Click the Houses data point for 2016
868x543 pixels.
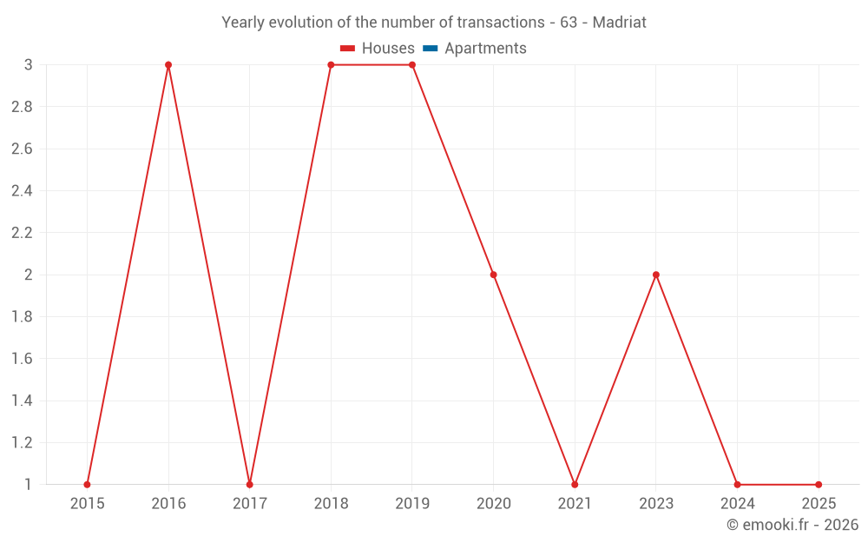[x=168, y=65]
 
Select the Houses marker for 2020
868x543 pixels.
[x=493, y=275]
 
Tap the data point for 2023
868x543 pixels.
[x=656, y=275]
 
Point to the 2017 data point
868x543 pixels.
[x=250, y=484]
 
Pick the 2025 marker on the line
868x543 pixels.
[x=819, y=484]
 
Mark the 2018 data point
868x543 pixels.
[x=331, y=65]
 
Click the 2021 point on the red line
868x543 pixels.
[x=575, y=484]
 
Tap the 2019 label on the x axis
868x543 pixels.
[x=412, y=503]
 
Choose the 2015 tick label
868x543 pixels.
[x=87, y=503]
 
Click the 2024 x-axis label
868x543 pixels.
[x=737, y=503]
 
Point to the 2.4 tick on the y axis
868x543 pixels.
[x=22, y=191]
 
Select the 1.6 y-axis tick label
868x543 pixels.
[x=22, y=359]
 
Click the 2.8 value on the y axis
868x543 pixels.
[x=22, y=107]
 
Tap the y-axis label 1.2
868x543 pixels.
[x=22, y=442]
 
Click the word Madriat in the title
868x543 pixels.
[x=619, y=23]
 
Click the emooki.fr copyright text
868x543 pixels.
[x=792, y=525]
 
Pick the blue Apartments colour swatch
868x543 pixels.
[x=431, y=49]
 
